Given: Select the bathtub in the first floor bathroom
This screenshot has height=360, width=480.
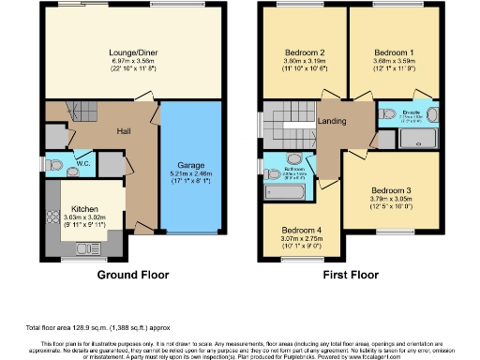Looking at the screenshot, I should (x=286, y=192).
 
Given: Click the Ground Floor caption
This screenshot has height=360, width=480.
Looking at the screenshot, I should (x=133, y=276).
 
